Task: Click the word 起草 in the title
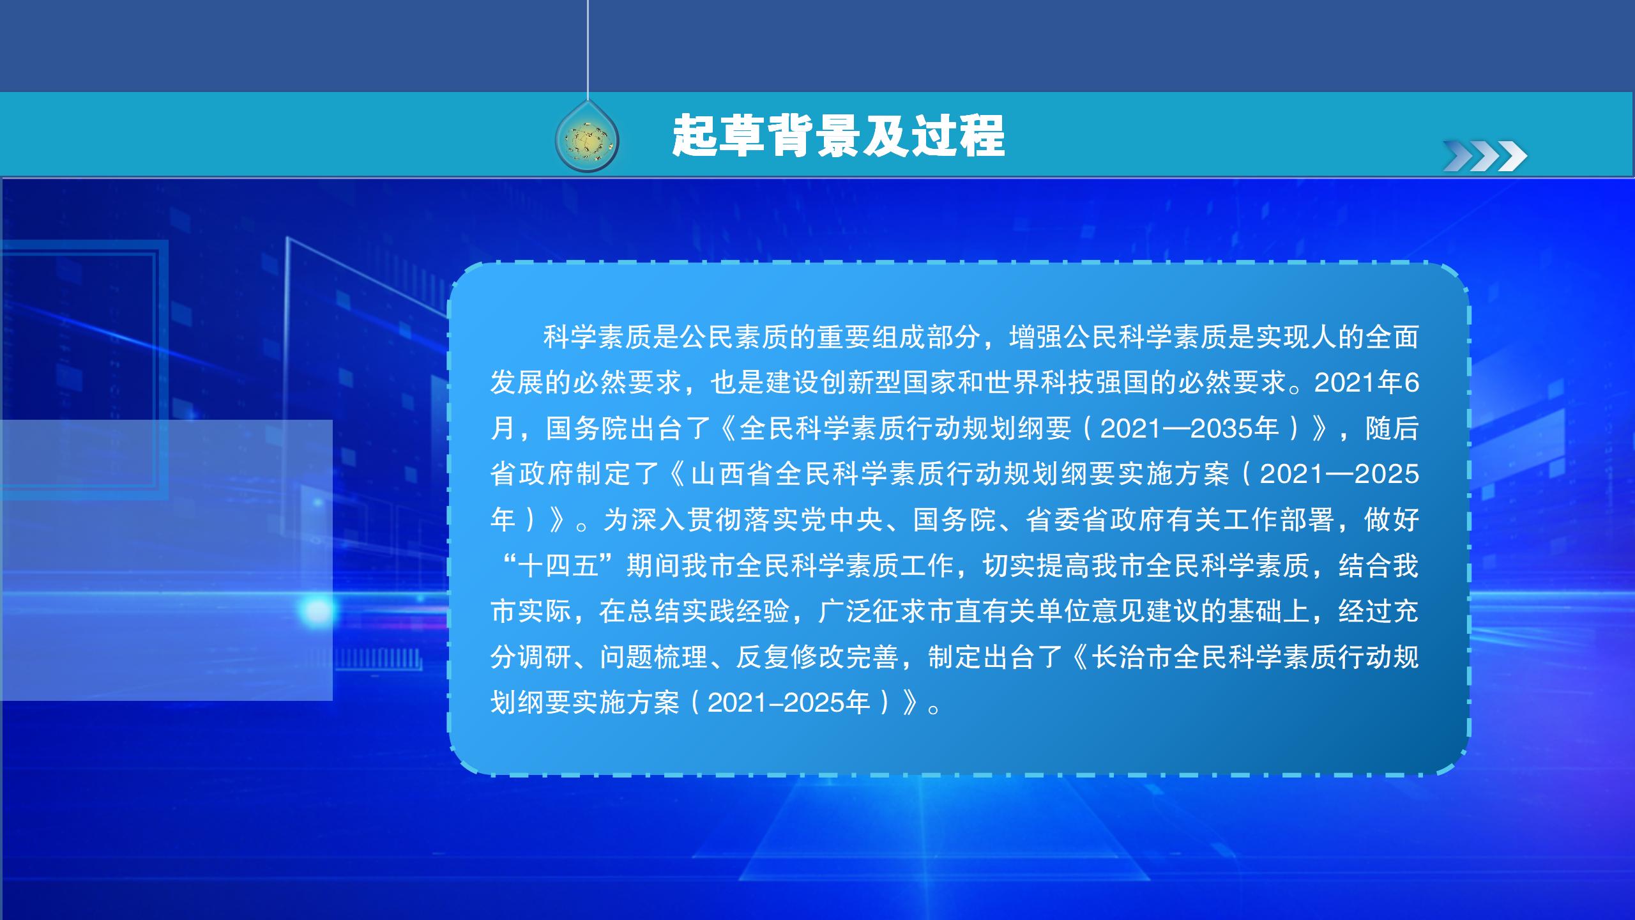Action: (x=719, y=135)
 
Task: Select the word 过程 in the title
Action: (x=958, y=135)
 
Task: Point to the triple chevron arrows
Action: (x=1484, y=156)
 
